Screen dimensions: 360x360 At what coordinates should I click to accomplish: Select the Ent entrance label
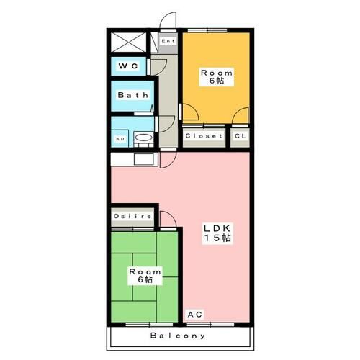[x=168, y=41]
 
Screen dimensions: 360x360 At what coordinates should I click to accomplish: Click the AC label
[x=195, y=314]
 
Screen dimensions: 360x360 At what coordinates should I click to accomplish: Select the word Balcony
[x=179, y=336]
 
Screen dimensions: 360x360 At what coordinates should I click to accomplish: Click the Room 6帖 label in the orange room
[x=216, y=76]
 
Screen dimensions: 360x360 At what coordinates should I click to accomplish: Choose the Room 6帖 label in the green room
[x=145, y=276]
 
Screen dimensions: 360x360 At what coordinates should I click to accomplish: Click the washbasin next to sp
[x=145, y=138]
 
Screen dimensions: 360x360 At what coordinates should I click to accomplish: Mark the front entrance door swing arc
[x=167, y=22]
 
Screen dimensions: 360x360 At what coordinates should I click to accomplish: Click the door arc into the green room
[x=166, y=220]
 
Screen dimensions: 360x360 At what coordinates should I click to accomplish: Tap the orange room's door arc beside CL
[x=241, y=115]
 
